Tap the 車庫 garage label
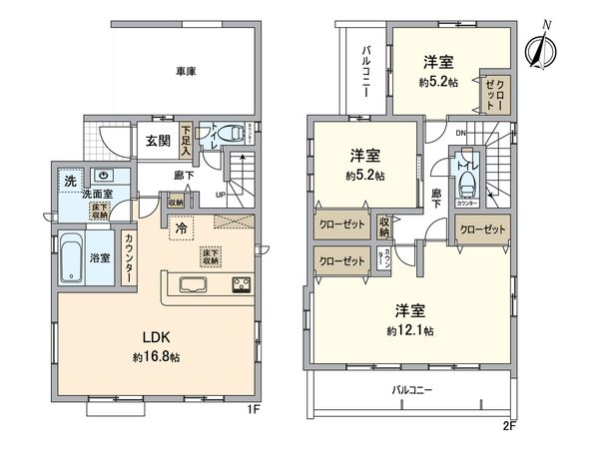pos(186,72)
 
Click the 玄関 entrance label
pos(158,141)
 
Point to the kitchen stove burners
pos(242,284)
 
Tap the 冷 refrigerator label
pos(181,227)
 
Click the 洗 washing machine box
pos(70,181)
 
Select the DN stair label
pos(459,134)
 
